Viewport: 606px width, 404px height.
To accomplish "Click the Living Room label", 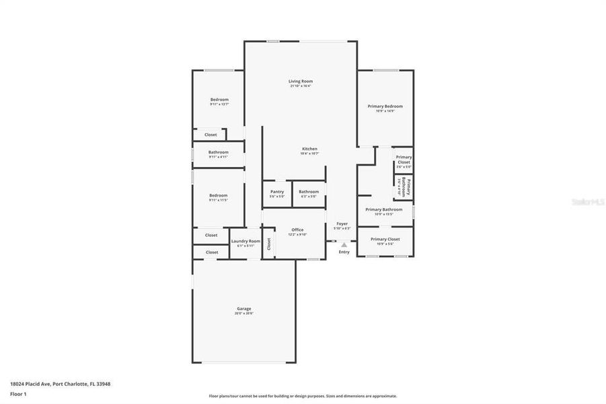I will [301, 81].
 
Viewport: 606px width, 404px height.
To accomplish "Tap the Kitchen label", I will [309, 149].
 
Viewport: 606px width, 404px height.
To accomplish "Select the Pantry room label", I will [276, 191].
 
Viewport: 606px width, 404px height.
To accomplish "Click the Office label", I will [297, 230].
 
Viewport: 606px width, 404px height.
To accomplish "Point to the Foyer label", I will [342, 224].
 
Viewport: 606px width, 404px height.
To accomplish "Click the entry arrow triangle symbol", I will [344, 244].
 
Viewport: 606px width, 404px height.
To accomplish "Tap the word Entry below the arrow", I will [344, 252].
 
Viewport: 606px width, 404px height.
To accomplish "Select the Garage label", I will [243, 308].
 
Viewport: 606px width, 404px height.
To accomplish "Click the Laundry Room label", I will [245, 241].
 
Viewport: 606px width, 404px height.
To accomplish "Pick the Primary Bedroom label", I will [385, 106].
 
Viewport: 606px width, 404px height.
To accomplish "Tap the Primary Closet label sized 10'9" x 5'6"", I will [385, 239].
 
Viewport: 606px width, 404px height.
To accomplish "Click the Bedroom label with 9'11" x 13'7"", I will [219, 100].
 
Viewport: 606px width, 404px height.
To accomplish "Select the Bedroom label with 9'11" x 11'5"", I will [219, 195].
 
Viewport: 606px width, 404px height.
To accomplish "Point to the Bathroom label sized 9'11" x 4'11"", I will [219, 152].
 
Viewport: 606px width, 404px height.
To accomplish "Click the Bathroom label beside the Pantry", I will [309, 191].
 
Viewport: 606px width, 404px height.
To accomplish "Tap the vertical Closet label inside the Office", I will [268, 244].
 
